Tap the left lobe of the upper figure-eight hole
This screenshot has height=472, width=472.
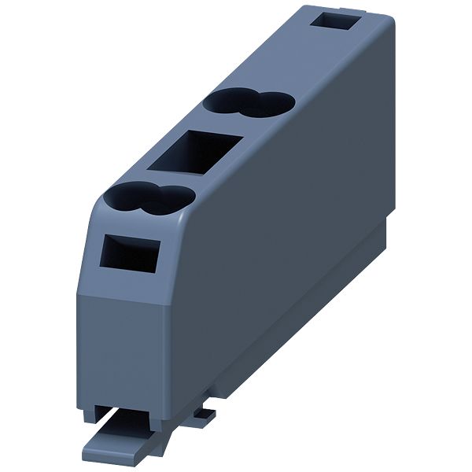(x=227, y=103)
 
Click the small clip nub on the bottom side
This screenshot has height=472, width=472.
(x=203, y=411)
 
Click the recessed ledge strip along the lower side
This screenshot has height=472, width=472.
(x=315, y=315)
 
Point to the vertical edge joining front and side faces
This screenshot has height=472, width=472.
(x=167, y=346)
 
